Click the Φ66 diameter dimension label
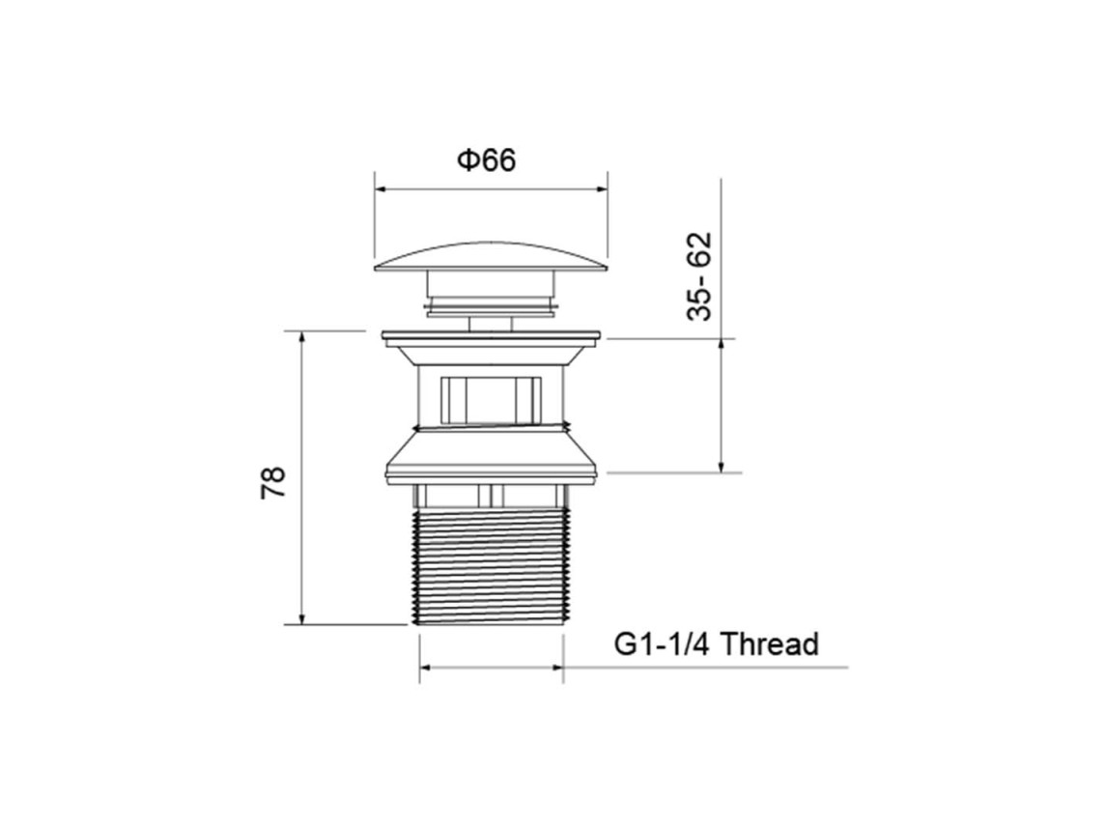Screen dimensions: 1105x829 pyautogui.click(x=487, y=160)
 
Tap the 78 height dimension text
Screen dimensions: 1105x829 pyautogui.click(x=273, y=482)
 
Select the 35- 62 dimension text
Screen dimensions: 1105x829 pyautogui.click(x=699, y=276)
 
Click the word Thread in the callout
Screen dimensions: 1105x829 pyautogui.click(x=770, y=644)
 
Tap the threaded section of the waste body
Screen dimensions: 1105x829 pyautogui.click(x=491, y=567)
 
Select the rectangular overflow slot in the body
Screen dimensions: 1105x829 pyautogui.click(x=491, y=400)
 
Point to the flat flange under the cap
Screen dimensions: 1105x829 pyautogui.click(x=491, y=337)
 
